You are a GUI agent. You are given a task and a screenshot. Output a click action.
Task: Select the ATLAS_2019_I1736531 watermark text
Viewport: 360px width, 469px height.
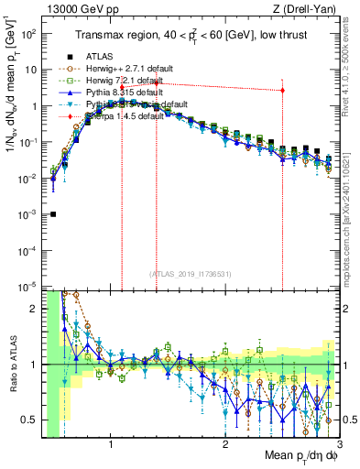pos(191,274)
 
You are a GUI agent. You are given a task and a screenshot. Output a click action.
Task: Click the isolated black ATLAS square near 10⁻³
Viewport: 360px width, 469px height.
pos(53,214)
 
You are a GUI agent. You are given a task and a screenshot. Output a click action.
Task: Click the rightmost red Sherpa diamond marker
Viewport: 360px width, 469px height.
pos(282,91)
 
